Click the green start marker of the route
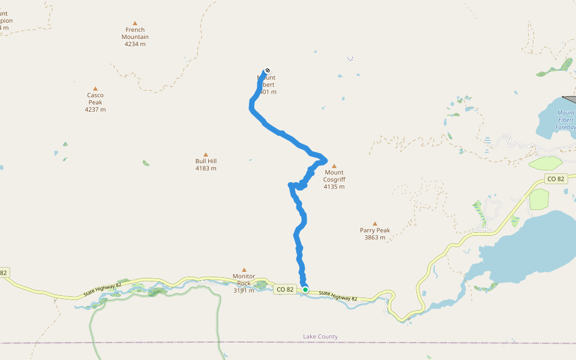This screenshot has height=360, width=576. [305, 290]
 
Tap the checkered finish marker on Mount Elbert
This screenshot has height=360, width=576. [267, 70]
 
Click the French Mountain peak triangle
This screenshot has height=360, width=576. [134, 23]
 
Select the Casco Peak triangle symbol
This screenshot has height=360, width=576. [95, 88]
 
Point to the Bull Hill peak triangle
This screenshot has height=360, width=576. [206, 154]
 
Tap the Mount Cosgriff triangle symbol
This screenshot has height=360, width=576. [334, 166]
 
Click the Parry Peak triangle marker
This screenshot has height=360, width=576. [375, 223]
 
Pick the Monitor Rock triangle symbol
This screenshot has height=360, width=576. [244, 269]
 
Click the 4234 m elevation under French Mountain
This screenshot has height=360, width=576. [136, 44]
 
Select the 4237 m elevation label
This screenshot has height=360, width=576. [95, 110]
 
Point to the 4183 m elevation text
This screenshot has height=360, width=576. [206, 169]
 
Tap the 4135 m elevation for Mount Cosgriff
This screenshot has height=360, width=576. [334, 187]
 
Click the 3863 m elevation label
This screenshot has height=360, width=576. [375, 238]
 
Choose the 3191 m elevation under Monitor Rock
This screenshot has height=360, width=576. [244, 290]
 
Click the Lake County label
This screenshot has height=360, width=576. [320, 337]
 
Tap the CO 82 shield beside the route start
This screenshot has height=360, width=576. [286, 290]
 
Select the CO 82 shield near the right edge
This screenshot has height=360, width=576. [556, 179]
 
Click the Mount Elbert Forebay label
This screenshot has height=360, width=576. [565, 120]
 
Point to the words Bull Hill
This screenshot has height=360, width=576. [206, 161]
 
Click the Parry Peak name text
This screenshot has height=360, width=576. [375, 230]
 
